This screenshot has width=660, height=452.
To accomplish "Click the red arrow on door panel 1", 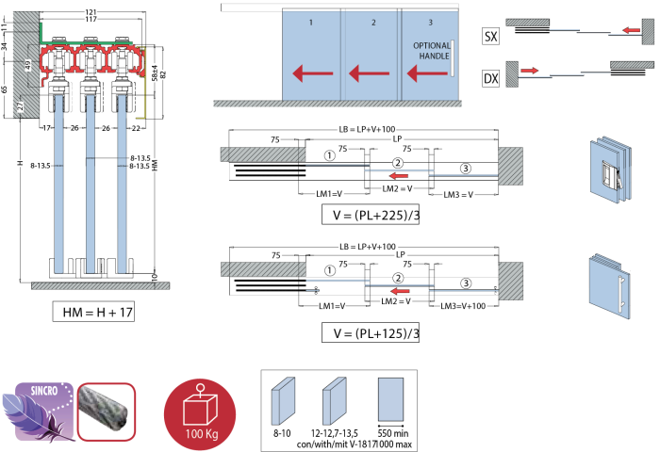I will pos(312,73).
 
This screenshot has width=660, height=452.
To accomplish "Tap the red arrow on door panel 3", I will pos(426,73).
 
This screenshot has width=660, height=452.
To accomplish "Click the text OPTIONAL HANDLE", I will pos(431,51).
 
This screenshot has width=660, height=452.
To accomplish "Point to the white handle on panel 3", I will pos(452,58).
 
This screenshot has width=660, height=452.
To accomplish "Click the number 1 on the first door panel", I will pos(311,22).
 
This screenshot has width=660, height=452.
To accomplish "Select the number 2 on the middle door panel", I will pos(373,22).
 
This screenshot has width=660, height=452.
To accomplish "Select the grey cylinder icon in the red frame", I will pos(107,412).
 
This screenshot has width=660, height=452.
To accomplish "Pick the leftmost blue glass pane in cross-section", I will pos(59,184).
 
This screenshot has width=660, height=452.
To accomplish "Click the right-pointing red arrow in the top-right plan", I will pos(529,71).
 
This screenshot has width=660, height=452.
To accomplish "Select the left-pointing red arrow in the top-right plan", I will pos(632,30).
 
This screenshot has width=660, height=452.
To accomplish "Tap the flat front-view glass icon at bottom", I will pos(390,399).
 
